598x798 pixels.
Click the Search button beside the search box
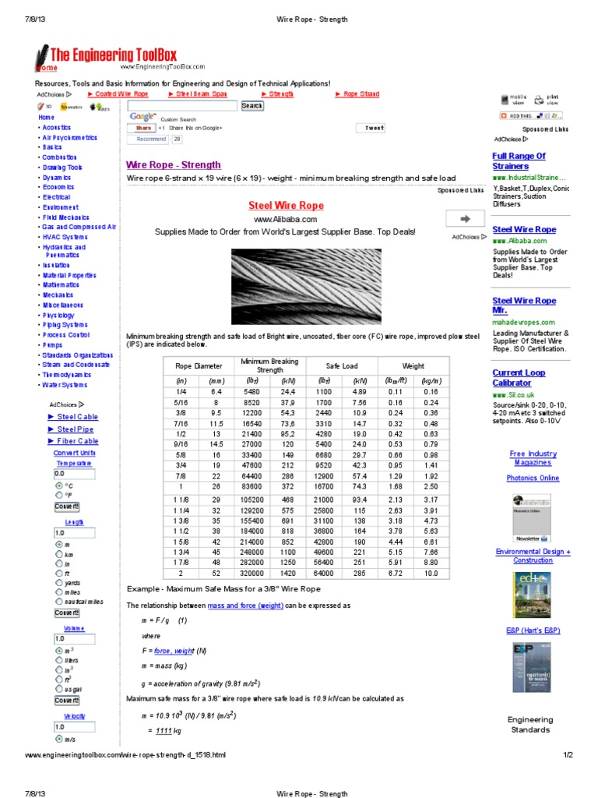point(252,105)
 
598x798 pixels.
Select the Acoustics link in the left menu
point(57,127)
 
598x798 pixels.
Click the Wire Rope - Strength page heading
point(173,165)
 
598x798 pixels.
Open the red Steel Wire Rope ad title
point(285,206)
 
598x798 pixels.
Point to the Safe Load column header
point(342,365)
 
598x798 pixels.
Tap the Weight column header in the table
point(413,365)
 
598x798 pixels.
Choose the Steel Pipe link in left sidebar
point(76,429)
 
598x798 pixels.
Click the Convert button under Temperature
point(66,507)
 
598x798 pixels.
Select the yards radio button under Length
point(59,581)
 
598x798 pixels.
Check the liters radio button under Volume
point(59,660)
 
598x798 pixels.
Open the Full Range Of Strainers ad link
point(519,161)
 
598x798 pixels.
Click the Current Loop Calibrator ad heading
point(519,378)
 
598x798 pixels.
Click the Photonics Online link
point(533,478)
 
